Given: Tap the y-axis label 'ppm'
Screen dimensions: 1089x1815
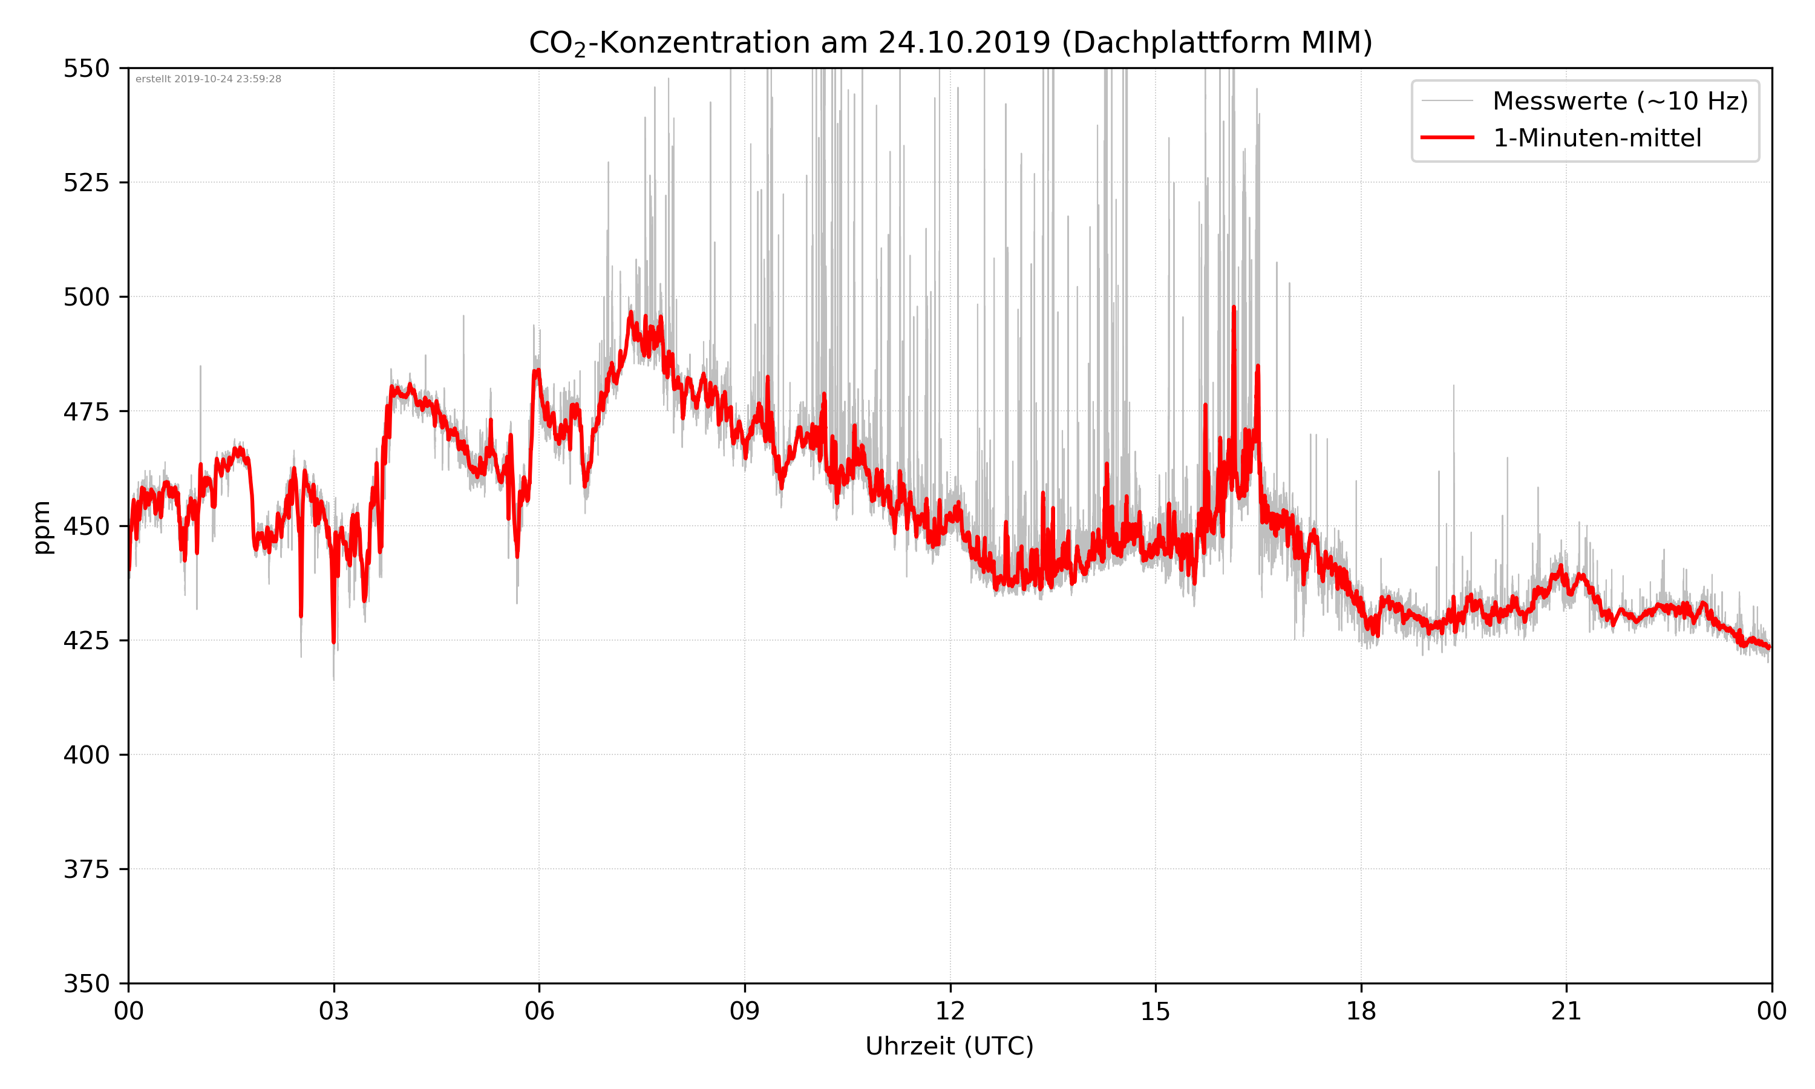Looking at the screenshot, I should [42, 527].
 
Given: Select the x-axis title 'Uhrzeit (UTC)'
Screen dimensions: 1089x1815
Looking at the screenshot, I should [949, 1045].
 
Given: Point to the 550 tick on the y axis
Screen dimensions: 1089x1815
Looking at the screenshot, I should [86, 68].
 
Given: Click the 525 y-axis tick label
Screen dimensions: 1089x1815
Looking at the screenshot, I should [86, 183].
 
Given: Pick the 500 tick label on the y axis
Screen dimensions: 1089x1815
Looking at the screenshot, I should [86, 297].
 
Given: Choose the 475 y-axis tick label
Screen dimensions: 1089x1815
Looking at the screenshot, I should [86, 411].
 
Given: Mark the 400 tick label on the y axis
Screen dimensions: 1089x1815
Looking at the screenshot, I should [86, 755].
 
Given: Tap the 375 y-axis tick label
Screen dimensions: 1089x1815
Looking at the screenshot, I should [86, 869].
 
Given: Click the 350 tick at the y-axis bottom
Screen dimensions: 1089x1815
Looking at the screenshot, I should [86, 984].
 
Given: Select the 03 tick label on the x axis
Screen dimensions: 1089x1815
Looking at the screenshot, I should [334, 1011].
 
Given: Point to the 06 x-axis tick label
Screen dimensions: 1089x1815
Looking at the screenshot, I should [539, 1011].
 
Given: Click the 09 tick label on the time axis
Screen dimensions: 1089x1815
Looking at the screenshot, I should [745, 1011].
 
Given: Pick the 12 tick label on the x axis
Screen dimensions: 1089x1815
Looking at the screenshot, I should [950, 1011].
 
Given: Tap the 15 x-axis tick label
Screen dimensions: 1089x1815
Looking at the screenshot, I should [1156, 1011].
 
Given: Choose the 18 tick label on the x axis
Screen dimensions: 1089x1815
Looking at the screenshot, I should [1361, 1011].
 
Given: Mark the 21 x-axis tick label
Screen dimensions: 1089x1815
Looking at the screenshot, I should [1566, 1011].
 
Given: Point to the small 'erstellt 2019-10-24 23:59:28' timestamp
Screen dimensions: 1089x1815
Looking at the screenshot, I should [208, 79].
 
